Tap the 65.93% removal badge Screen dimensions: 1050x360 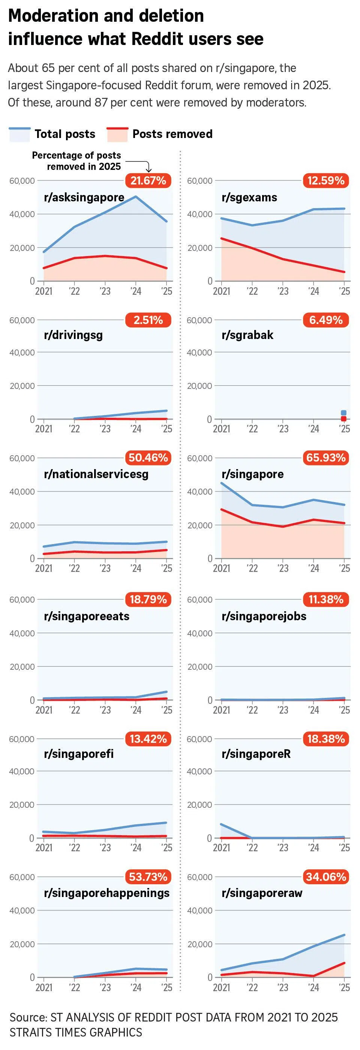[326, 458]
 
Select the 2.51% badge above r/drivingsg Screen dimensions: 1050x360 [148, 320]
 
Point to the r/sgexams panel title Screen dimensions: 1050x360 [249, 197]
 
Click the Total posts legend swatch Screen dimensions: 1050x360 [19, 134]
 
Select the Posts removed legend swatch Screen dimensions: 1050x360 [117, 134]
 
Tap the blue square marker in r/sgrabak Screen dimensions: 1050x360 [343, 413]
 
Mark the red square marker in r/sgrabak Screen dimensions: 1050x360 [343, 418]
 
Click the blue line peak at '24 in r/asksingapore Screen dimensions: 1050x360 [136, 197]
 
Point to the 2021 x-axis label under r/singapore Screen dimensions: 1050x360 [221, 568]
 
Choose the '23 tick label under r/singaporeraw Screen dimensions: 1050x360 [283, 987]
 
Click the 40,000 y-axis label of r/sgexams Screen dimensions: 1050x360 [200, 214]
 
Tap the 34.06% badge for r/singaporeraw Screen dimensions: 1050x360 [326, 877]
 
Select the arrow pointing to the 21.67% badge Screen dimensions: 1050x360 [148, 168]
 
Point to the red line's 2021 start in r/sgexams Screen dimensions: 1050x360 [221, 238]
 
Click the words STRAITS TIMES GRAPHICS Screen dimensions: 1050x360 [76, 1032]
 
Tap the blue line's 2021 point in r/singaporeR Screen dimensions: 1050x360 [221, 824]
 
